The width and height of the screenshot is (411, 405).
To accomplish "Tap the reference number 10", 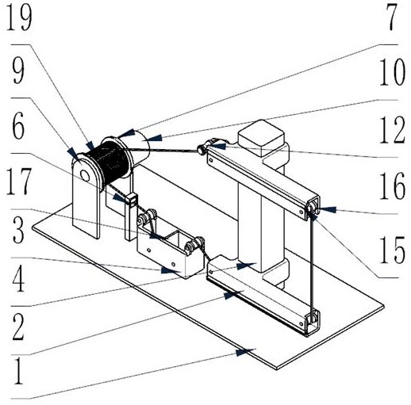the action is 392,72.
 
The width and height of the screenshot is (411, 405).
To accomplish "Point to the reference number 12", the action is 392,130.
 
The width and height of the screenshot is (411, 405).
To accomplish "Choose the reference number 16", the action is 392,185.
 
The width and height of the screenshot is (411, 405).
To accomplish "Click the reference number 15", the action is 392,250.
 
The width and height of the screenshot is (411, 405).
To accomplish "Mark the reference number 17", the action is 18,181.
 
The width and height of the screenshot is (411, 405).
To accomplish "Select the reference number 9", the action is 18,72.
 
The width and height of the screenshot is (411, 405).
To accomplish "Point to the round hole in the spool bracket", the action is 85,175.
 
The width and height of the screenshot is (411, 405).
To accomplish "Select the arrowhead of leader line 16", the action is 327,210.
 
